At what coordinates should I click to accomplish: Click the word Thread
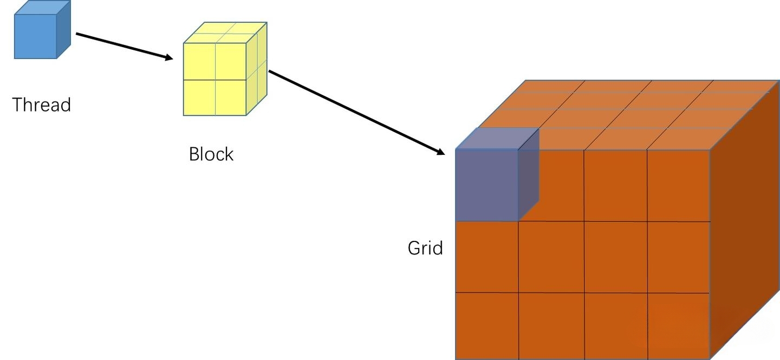click(x=41, y=105)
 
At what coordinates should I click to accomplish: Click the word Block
click(x=211, y=154)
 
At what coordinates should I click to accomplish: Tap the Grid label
click(x=425, y=248)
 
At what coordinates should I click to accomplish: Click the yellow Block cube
click(x=225, y=69)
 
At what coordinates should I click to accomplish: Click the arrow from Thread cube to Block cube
click(x=125, y=47)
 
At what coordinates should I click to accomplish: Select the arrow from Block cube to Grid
click(x=356, y=113)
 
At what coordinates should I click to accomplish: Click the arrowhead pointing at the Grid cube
click(x=440, y=152)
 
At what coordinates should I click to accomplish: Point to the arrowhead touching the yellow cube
click(x=168, y=57)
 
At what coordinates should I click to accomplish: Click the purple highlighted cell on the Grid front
click(x=486, y=185)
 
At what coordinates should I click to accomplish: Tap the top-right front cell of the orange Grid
click(x=678, y=186)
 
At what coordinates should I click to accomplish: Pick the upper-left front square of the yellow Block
click(x=199, y=62)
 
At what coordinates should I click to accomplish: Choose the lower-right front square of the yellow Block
click(x=231, y=97)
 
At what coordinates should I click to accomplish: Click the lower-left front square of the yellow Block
click(x=199, y=97)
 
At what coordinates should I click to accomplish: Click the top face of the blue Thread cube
click(x=42, y=8)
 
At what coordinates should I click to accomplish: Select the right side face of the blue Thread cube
click(x=64, y=30)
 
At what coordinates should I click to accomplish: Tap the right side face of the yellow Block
click(x=257, y=69)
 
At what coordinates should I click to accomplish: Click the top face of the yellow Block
click(x=225, y=32)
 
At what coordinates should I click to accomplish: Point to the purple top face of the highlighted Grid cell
click(x=497, y=139)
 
